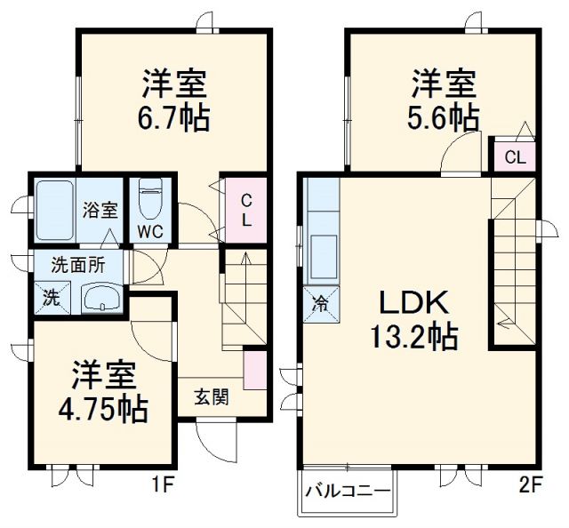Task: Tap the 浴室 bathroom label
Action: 100,211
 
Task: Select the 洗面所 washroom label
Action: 76,263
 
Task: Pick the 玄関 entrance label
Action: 212,396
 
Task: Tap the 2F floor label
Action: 532,485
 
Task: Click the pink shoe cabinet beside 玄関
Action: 255,370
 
